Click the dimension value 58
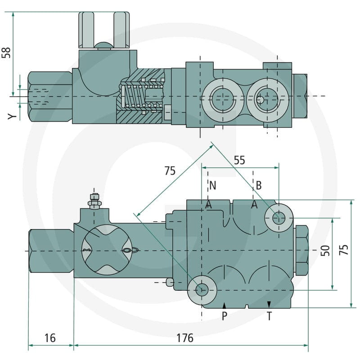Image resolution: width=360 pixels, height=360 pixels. [x=6, y=53]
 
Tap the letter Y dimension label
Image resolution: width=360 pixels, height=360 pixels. [x=12, y=117]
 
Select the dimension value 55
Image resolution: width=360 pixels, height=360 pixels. [x=239, y=160]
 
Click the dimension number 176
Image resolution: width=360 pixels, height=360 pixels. [x=185, y=338]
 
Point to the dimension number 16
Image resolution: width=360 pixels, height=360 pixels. [x=50, y=338]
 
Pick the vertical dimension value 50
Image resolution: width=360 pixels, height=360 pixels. [x=325, y=251]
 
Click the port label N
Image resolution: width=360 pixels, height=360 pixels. [x=213, y=185]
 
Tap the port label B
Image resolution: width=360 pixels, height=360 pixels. [x=258, y=185]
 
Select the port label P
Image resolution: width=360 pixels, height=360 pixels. [x=225, y=316]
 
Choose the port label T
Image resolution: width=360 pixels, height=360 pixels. [x=269, y=316]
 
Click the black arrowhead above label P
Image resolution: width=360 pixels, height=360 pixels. [x=224, y=306]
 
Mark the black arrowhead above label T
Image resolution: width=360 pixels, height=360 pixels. [x=269, y=304]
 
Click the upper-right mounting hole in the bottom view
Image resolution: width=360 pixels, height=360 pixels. [x=279, y=218]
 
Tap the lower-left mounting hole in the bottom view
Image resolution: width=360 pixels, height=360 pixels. [x=202, y=290]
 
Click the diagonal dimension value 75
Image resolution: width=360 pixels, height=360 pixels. [x=170, y=171]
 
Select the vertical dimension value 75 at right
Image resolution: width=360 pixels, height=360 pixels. [x=344, y=250]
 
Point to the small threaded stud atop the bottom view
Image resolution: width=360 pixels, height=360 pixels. [x=94, y=202]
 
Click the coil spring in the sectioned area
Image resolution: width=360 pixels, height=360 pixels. [x=142, y=96]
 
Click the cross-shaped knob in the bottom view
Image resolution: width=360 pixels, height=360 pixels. [x=107, y=250]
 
